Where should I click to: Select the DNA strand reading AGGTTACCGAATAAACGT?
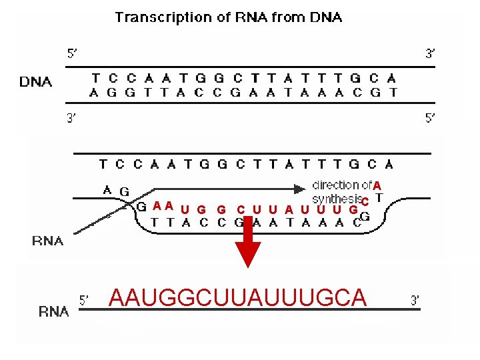pyautogui.click(x=244, y=93)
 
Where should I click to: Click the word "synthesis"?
pyautogui.click(x=335, y=199)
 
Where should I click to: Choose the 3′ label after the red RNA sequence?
pyautogui.click(x=415, y=301)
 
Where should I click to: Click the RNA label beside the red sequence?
pyautogui.click(x=53, y=311)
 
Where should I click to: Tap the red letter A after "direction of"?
pyautogui.click(x=377, y=185)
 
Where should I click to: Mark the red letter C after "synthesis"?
pyautogui.click(x=365, y=201)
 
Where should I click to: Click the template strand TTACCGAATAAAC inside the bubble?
pyautogui.click(x=255, y=223)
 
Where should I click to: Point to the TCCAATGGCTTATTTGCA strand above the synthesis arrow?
pyautogui.click(x=245, y=163)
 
